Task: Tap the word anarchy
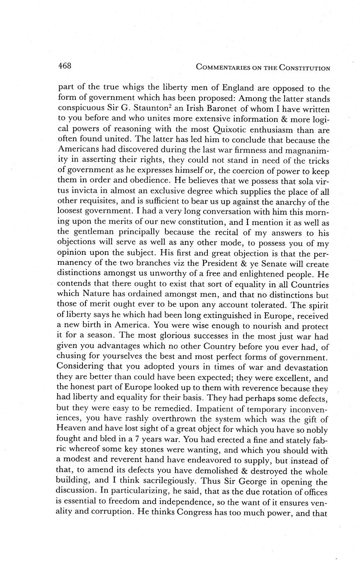[285, 202]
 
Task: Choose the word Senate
[267, 264]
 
